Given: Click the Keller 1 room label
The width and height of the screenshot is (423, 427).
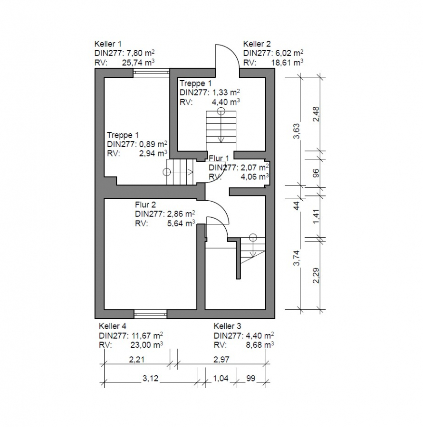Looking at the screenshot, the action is pyautogui.click(x=108, y=44).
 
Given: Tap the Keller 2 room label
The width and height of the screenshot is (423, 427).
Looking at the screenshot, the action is pyautogui.click(x=257, y=44).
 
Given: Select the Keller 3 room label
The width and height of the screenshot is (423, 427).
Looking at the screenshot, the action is pyautogui.click(x=227, y=326).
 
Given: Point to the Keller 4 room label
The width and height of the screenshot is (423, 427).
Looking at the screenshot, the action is pyautogui.click(x=112, y=326).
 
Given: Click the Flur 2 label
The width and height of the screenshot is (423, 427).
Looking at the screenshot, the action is pyautogui.click(x=145, y=204).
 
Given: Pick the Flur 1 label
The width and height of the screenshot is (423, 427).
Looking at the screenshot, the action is pyautogui.click(x=219, y=158).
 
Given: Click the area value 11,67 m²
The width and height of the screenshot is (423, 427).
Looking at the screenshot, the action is pyautogui.click(x=147, y=335).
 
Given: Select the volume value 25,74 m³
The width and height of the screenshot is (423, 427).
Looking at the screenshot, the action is pyautogui.click(x=138, y=62).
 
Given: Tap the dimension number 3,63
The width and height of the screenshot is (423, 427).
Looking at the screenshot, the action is pyautogui.click(x=297, y=131).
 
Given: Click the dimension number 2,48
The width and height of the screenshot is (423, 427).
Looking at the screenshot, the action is pyautogui.click(x=316, y=114).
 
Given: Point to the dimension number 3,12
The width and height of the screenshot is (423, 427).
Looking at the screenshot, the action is pyautogui.click(x=150, y=378).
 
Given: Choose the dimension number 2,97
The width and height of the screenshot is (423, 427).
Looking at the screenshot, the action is pyautogui.click(x=221, y=360).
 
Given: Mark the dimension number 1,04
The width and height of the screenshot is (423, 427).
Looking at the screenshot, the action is pyautogui.click(x=221, y=378).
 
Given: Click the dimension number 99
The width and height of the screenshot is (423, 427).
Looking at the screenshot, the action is pyautogui.click(x=250, y=378).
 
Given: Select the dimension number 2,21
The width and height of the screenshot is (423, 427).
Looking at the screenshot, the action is pyautogui.click(x=136, y=360).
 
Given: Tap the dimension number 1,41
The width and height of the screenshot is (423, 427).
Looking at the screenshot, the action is pyautogui.click(x=316, y=216).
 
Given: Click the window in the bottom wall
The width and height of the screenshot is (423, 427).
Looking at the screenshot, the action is pyautogui.click(x=150, y=314).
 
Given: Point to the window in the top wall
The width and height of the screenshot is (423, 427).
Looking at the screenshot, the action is pyautogui.click(x=151, y=73).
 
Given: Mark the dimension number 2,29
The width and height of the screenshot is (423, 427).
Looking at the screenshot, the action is pyautogui.click(x=316, y=276).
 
